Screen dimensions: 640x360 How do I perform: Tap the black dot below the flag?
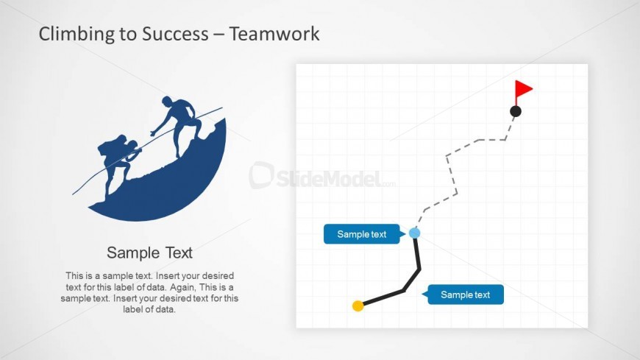point(516,111)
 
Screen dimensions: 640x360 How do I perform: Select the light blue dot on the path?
point(414,233)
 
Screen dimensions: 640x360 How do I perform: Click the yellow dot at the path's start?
point(358,306)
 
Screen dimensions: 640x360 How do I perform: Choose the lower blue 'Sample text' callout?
point(463,294)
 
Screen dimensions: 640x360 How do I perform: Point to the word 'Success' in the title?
point(175,34)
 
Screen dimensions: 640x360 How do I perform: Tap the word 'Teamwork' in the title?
point(274,34)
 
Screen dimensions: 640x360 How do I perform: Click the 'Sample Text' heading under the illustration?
point(149,253)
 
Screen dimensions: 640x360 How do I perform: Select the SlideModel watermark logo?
point(322,176)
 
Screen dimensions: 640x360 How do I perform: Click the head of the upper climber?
point(167,101)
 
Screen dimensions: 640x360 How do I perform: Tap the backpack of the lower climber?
point(109,147)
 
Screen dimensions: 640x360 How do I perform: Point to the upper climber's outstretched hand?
point(154,133)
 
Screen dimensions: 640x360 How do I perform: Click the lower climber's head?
point(132,144)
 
